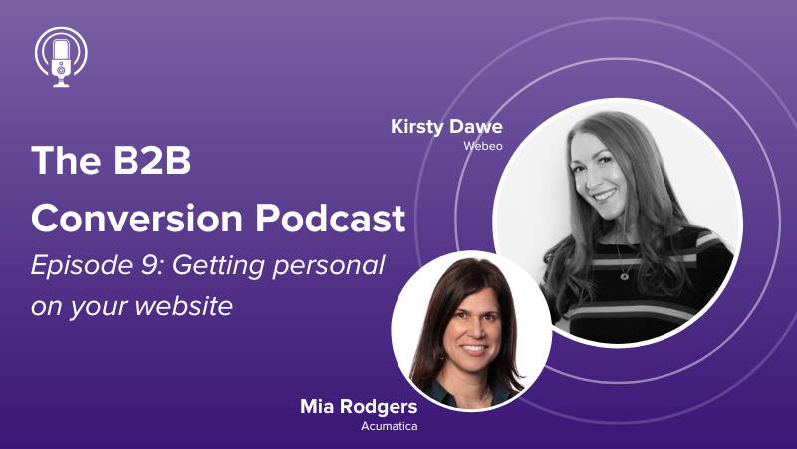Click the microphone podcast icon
pos(61,57)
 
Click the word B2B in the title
pos(152,161)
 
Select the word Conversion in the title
pos(137,219)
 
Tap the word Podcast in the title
pos(331,219)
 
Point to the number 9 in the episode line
pos(148,265)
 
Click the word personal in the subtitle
pos(329,267)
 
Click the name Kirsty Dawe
pos(446,127)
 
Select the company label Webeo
pos(483,146)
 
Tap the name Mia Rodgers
pos(359,407)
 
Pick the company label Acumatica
pos(390,426)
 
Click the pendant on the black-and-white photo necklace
pos(625,276)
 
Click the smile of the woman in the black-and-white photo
pos(605,195)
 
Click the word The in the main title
pos(66,161)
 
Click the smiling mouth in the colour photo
pos(474,350)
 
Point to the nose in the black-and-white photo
pos(595,175)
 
